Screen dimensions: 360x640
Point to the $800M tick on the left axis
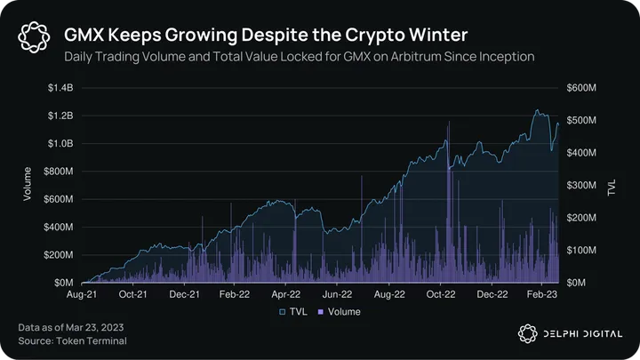[x=58, y=172]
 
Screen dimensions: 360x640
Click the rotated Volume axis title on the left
[x=28, y=185]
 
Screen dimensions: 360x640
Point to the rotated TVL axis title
[x=612, y=185]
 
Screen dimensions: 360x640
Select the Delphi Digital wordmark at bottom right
[x=578, y=332]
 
